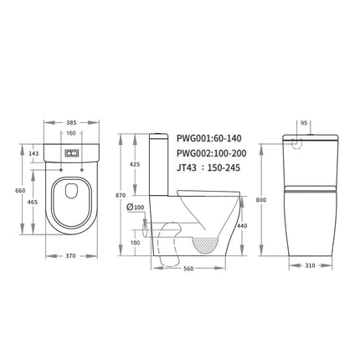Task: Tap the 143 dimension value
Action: point(34,153)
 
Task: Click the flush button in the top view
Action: point(71,154)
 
